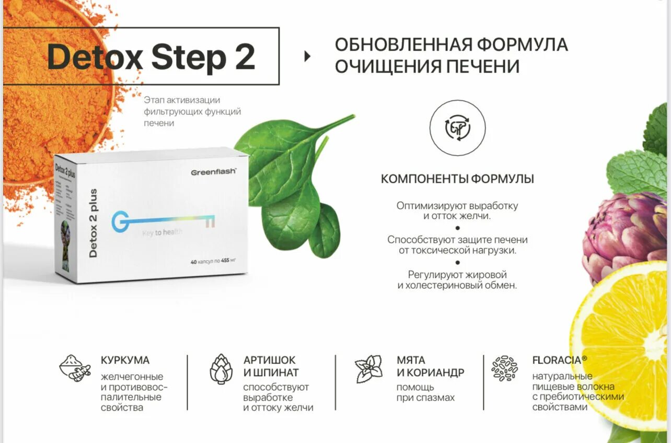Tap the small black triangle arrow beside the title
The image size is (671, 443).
[307, 56]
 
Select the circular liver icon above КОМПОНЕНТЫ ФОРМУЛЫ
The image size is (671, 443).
[457, 128]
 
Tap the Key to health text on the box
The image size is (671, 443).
[162, 232]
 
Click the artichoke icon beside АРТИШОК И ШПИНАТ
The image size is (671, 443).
[221, 369]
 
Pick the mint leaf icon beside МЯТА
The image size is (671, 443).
[369, 369]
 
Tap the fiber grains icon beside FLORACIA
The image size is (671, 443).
[504, 368]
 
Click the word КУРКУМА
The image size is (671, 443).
[125, 360]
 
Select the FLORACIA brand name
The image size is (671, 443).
[557, 360]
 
